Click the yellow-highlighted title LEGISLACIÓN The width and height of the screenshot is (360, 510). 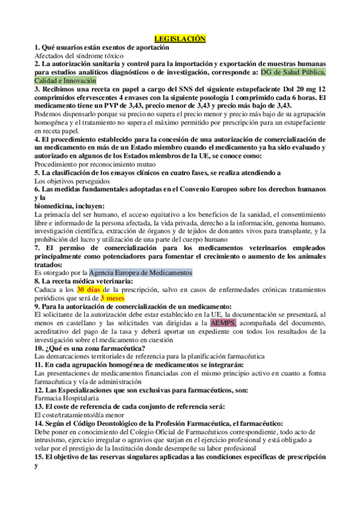(180, 38)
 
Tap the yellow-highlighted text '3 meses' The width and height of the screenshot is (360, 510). (112, 298)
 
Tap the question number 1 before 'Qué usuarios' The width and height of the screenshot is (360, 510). (37, 47)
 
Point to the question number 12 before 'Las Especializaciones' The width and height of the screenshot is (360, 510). (39, 389)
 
